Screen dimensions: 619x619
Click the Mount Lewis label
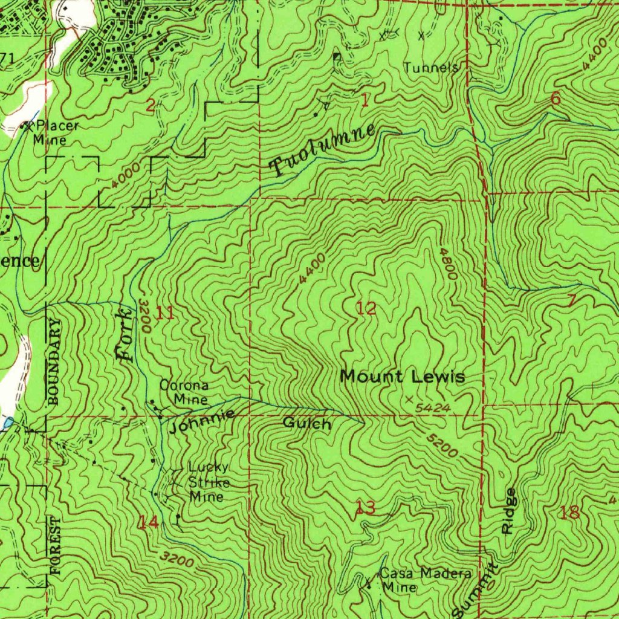tap(403, 377)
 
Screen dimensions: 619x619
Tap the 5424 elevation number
tap(433, 409)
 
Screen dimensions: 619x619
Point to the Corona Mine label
tap(184, 392)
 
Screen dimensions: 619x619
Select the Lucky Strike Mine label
tap(208, 482)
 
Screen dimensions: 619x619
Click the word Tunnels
tap(431, 67)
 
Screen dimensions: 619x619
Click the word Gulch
tap(307, 424)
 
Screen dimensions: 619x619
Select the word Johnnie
tap(202, 421)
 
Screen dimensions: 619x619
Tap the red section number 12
tap(366, 308)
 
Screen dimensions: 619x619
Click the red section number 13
tap(365, 508)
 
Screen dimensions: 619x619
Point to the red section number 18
tap(569, 513)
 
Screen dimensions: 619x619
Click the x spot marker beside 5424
tap(410, 400)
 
